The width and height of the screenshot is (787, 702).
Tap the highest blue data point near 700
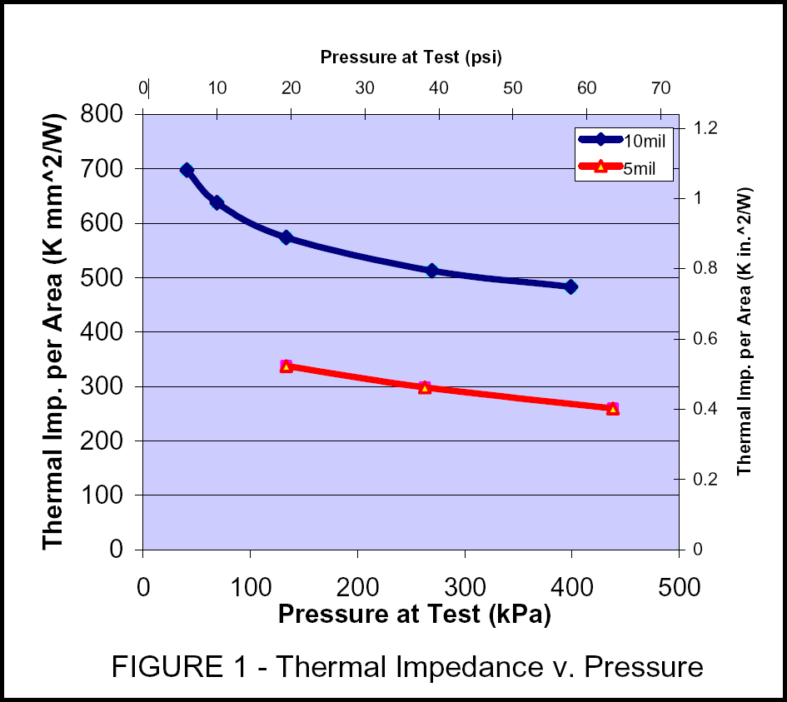(187, 170)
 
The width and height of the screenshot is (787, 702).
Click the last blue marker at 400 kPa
(570, 286)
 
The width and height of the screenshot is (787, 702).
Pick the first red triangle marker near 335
(286, 366)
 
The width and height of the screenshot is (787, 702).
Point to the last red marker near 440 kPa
(613, 409)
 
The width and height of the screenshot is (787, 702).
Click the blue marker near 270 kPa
(431, 270)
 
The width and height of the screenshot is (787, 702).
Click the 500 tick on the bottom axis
(679, 587)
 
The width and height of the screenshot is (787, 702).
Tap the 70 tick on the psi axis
(660, 87)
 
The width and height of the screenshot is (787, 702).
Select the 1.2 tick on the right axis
(706, 127)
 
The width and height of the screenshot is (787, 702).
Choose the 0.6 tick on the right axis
(706, 338)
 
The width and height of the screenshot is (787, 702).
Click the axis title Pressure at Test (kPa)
(415, 614)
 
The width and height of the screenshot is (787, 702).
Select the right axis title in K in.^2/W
(745, 331)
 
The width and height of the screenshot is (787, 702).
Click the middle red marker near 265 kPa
(425, 388)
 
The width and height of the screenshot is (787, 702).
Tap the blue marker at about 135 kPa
(286, 237)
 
